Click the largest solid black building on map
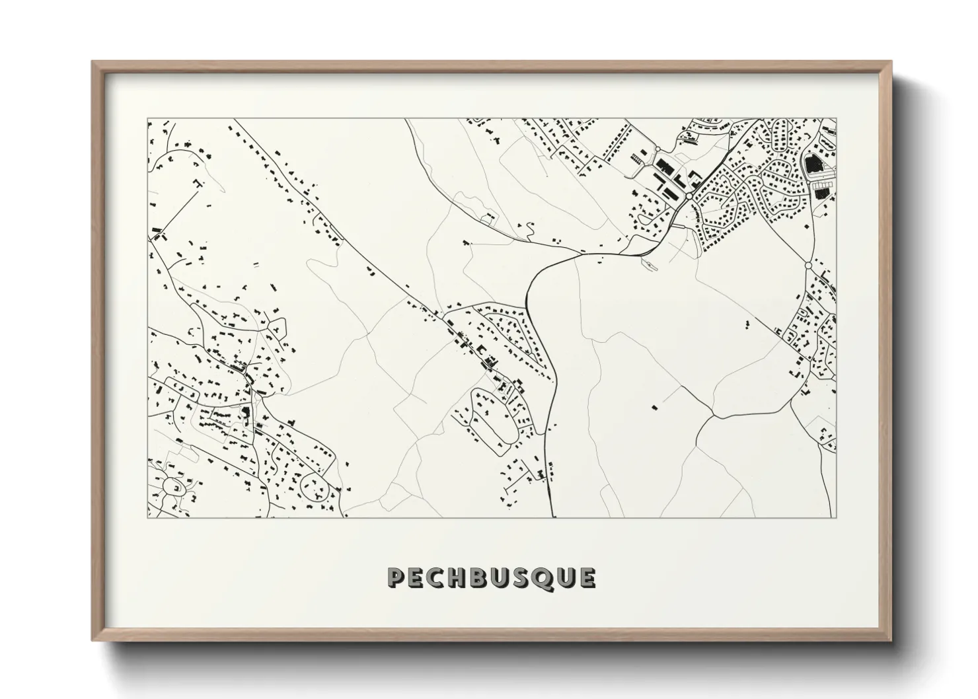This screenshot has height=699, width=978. click(x=812, y=163)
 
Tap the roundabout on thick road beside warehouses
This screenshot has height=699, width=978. click(x=689, y=196)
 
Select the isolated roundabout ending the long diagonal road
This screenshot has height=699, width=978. click(x=808, y=265)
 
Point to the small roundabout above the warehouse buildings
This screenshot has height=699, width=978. click(x=658, y=148)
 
